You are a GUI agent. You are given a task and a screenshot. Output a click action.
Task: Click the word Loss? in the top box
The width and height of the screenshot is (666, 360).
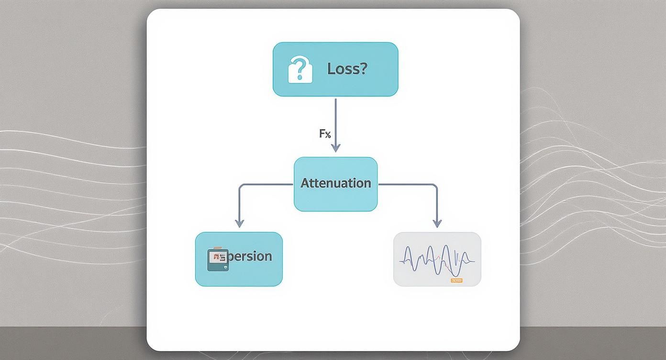pos(347,69)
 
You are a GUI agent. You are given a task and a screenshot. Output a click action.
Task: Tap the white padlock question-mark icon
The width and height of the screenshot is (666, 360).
pos(300,69)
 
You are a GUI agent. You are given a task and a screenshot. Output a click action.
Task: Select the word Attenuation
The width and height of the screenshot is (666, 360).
pos(335,183)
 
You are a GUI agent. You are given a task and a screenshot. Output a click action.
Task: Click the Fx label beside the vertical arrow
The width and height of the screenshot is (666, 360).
pos(325,134)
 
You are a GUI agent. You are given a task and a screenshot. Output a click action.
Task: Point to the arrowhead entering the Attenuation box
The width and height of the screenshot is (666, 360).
pos(335,148)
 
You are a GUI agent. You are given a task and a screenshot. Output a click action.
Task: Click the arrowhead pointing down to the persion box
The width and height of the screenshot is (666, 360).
pos(239,223)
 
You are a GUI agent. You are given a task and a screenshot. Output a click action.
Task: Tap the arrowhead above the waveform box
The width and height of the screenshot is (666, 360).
pos(436,223)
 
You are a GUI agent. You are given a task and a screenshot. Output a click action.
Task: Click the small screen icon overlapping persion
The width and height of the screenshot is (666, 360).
pos(218,259)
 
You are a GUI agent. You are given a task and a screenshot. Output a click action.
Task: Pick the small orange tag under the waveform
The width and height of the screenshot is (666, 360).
pos(456,280)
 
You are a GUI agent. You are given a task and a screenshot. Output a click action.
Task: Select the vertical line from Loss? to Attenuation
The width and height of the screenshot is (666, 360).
pos(335,120)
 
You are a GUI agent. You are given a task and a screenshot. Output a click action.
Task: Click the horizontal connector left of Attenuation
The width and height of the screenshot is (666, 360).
pos(266,184)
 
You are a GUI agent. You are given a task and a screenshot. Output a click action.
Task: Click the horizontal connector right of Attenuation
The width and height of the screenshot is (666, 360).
pos(407,184)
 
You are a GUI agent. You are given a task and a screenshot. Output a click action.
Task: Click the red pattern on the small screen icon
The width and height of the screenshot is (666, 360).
pos(218,257)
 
